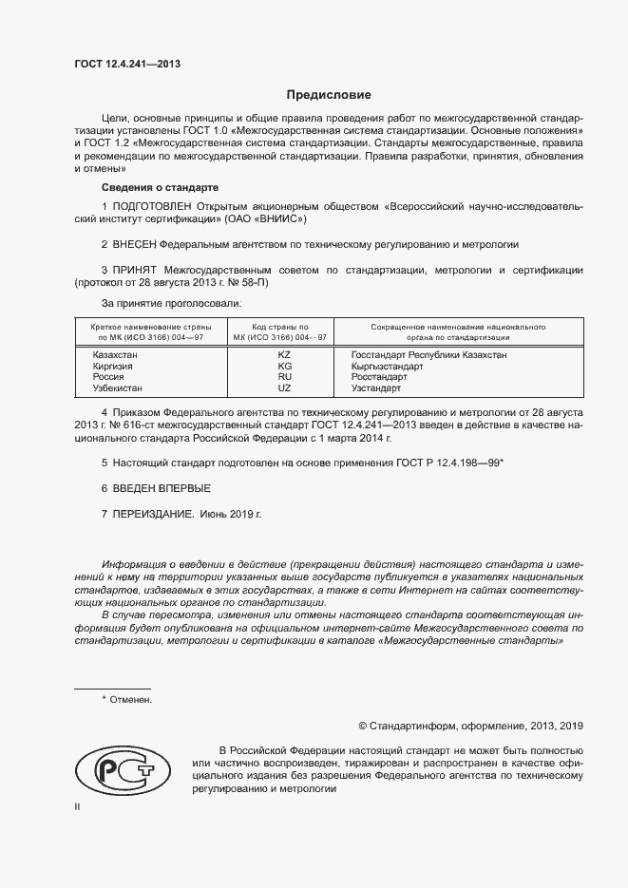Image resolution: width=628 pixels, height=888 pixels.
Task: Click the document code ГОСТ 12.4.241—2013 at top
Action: (127, 64)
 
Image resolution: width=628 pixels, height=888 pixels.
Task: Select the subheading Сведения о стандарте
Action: (160, 187)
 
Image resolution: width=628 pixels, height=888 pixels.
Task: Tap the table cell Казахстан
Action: (115, 354)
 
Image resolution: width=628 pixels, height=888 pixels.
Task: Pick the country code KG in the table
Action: (284, 366)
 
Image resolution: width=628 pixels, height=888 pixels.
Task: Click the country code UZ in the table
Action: (284, 388)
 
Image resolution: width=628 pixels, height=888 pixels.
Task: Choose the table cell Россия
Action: (107, 377)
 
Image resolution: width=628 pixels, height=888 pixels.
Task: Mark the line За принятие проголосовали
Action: (171, 303)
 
